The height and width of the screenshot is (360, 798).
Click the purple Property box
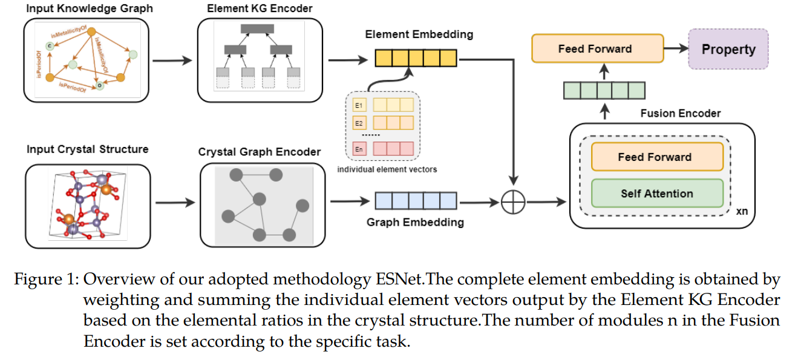tap(728, 49)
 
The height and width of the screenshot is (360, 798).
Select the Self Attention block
tap(656, 194)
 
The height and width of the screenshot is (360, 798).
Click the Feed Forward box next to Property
tap(597, 49)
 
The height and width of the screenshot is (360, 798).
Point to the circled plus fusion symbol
tap(513, 201)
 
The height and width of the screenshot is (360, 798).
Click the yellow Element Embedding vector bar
tap(415, 57)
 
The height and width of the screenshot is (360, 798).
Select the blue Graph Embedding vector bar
tap(415, 200)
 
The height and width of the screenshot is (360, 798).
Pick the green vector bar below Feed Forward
tap(604, 90)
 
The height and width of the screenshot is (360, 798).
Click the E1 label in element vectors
tap(358, 105)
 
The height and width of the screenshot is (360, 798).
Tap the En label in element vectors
tap(358, 149)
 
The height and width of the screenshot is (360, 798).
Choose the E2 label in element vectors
tap(358, 123)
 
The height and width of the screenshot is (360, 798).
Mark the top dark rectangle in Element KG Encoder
tap(257, 28)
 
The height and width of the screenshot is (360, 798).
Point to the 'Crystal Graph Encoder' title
tap(260, 152)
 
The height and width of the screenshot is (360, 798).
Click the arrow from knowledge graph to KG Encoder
tap(173, 61)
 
